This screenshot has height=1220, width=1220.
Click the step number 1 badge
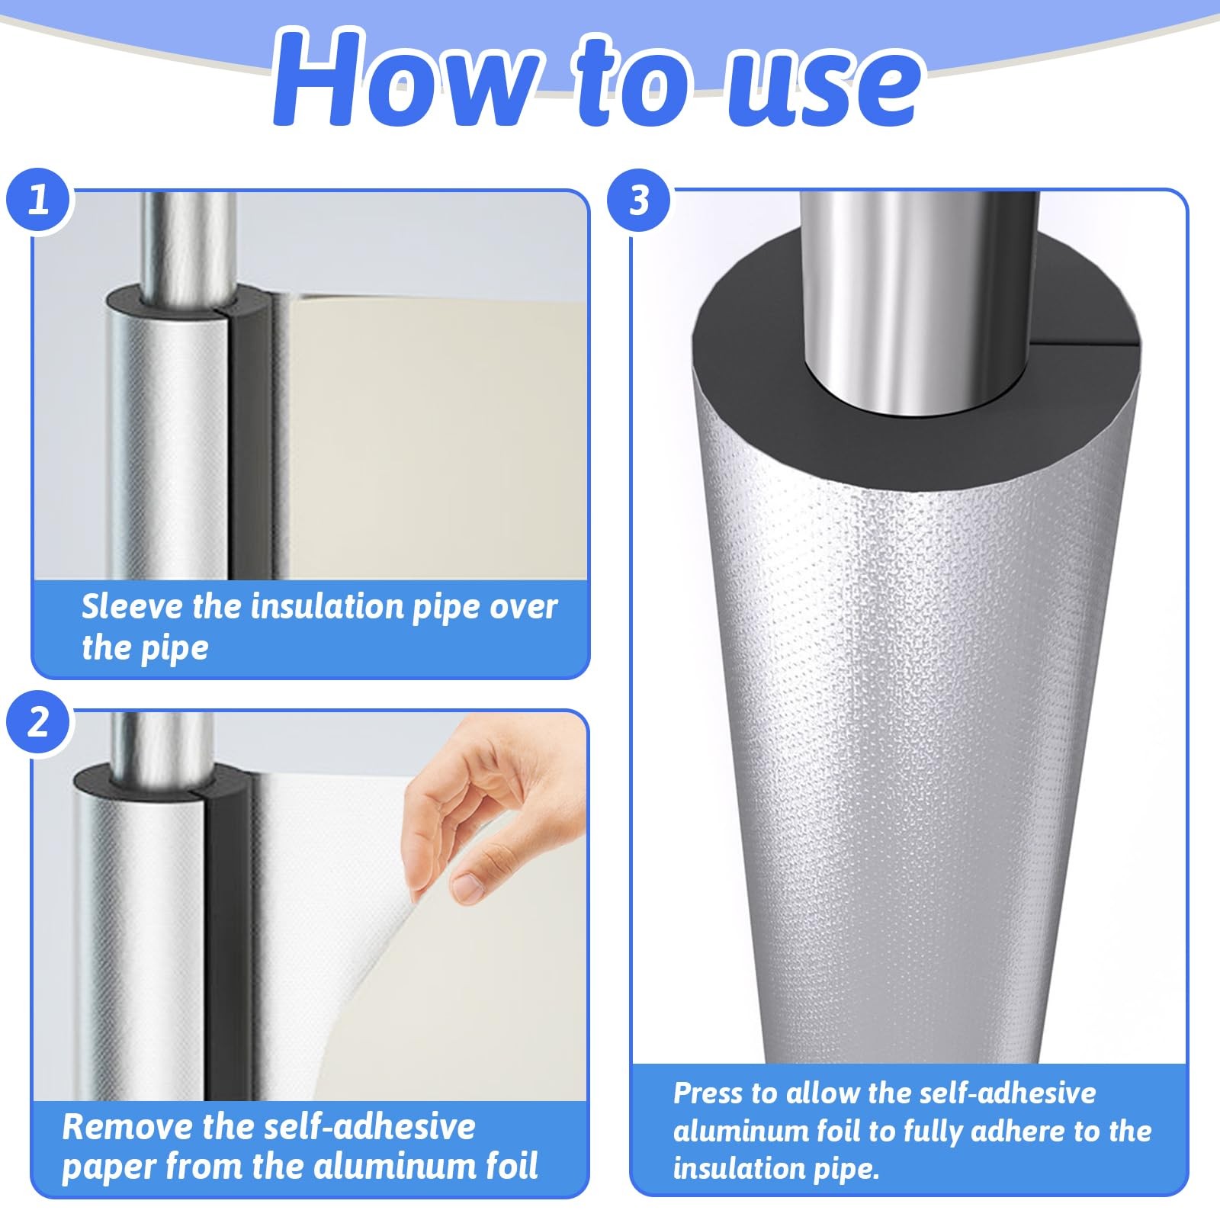coord(38,201)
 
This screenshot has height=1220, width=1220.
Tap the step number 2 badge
coord(38,722)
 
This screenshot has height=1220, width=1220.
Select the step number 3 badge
coord(639,201)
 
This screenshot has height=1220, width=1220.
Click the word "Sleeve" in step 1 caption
coord(133,607)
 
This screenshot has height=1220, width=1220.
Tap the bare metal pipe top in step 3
coord(920,297)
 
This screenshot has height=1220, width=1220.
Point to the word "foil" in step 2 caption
coord(506,1167)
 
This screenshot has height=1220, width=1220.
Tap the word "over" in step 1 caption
coord(523,607)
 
